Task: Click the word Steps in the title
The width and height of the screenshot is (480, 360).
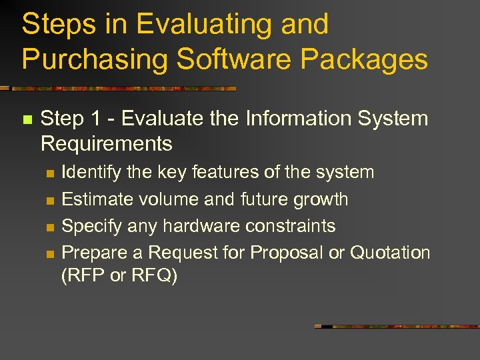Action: (x=59, y=25)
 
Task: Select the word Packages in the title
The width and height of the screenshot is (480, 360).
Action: (x=364, y=59)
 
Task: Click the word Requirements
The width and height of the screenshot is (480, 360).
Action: (x=107, y=143)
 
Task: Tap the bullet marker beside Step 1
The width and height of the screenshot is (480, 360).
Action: (x=27, y=120)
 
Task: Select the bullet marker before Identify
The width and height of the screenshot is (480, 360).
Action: (x=49, y=173)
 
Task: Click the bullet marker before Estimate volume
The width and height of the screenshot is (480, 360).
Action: (x=49, y=200)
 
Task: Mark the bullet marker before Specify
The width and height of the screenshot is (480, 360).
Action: (x=49, y=227)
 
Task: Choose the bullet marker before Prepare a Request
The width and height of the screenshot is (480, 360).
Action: (x=49, y=253)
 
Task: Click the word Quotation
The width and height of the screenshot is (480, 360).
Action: (x=390, y=253)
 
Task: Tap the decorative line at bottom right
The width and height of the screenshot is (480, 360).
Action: (x=397, y=327)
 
